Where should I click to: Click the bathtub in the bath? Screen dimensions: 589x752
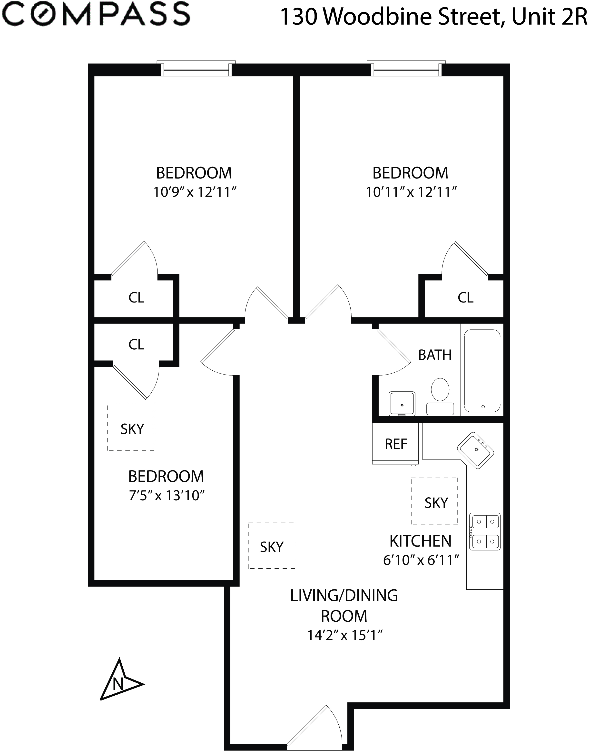482,371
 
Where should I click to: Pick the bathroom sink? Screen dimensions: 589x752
402,404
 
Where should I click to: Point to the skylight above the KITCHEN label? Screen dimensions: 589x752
434,501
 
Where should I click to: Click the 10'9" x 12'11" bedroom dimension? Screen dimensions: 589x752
195,192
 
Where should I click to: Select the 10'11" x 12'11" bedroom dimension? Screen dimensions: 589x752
411,192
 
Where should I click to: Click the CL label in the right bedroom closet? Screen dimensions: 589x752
466,298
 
